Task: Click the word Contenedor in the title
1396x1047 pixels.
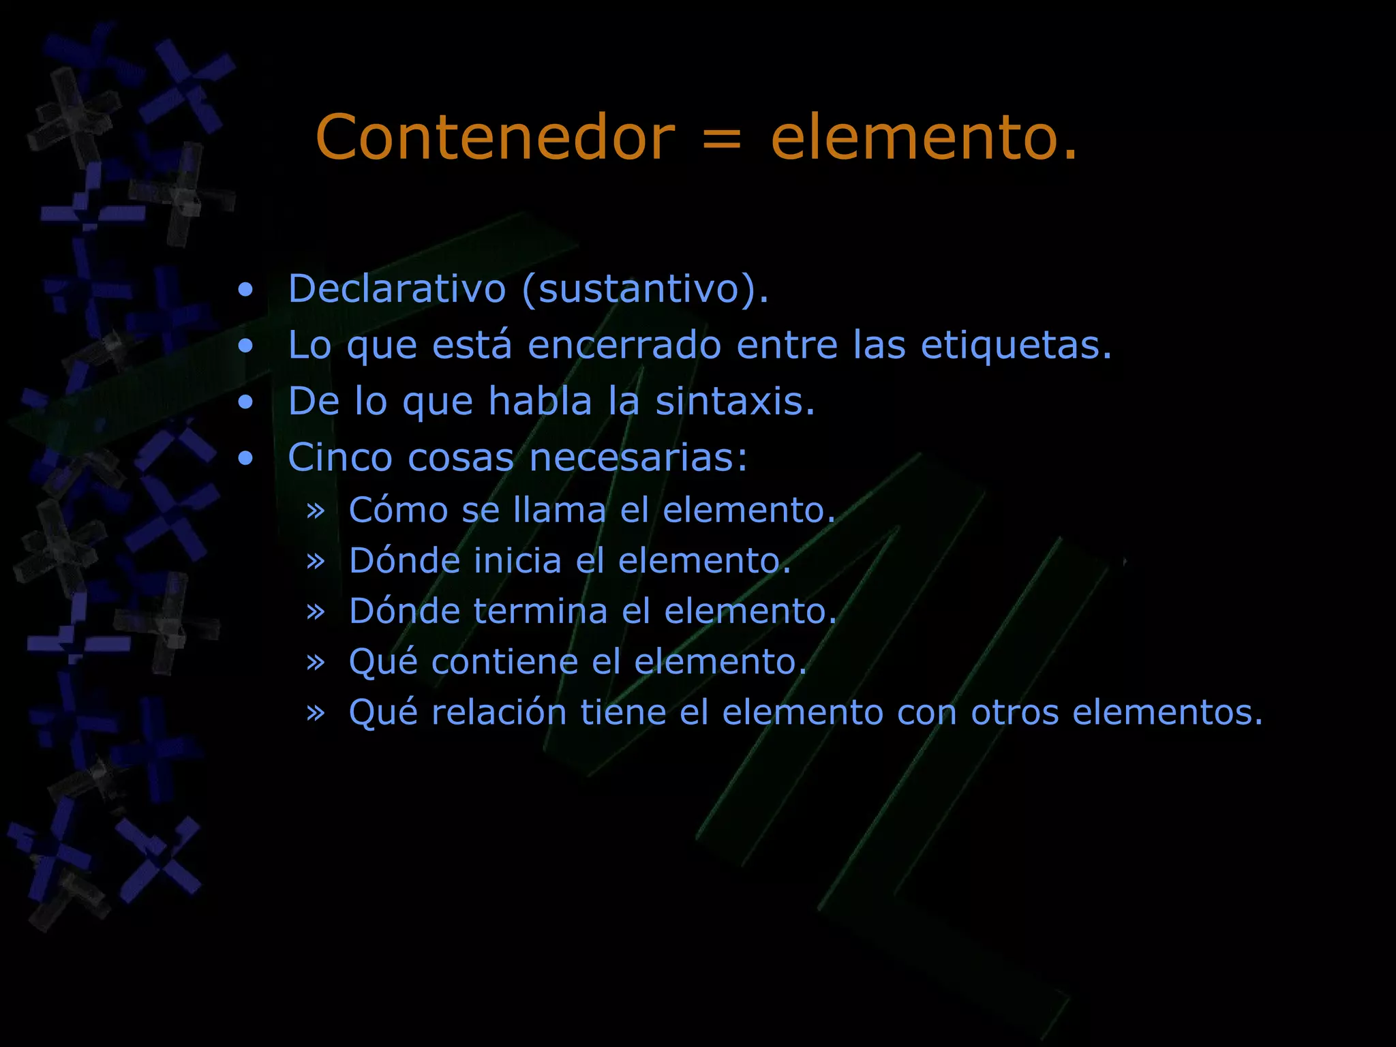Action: (x=495, y=138)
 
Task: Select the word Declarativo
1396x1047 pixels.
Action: (x=397, y=288)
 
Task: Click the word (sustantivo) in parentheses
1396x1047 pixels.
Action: (x=644, y=289)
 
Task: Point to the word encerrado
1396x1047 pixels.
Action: (x=624, y=345)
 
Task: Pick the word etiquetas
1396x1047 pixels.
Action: (x=1016, y=345)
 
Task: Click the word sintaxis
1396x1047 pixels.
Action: (x=735, y=401)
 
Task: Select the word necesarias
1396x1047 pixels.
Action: (x=638, y=457)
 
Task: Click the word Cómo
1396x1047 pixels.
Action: (x=398, y=510)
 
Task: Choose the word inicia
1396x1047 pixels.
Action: (x=517, y=560)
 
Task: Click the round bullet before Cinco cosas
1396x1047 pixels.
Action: (x=245, y=458)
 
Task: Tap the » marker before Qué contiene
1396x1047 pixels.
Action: (x=315, y=662)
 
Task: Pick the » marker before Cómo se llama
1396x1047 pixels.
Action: (x=315, y=511)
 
